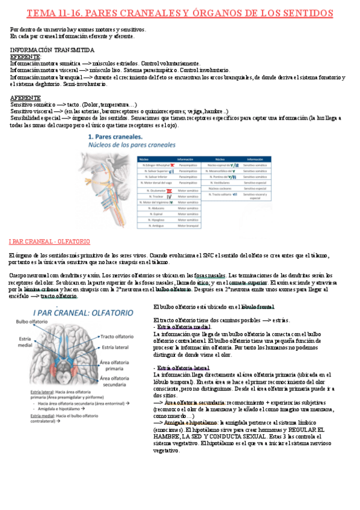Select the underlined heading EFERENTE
point(25,57)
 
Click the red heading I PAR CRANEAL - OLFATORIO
point(49,241)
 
